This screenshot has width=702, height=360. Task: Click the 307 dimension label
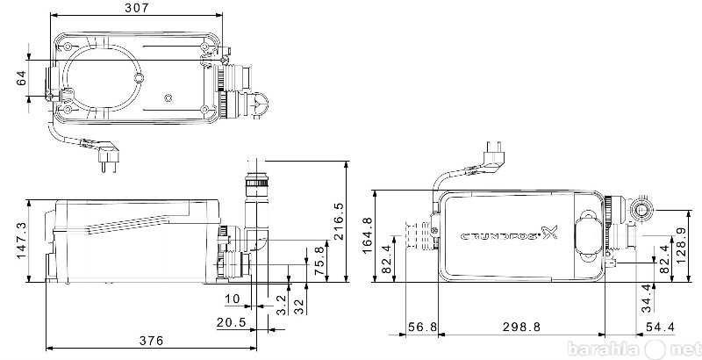pos(137,7)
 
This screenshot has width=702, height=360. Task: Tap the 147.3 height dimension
pos(22,241)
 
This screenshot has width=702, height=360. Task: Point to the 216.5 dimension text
pos(339,221)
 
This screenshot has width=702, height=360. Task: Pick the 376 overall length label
pos(151,341)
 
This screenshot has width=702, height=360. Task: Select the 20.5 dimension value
pos(232,322)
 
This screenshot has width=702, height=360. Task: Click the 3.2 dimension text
pos(281,305)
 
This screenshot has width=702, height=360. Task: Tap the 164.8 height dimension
pos(367,235)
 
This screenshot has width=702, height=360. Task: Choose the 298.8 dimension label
pos(521,327)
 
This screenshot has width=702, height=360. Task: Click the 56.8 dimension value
pos(422,327)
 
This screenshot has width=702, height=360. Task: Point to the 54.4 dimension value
pos(659,327)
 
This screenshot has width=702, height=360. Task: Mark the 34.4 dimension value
pos(646,299)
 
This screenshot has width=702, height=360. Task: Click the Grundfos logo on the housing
pos(510,234)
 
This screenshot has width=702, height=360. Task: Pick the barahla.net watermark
pos(633,349)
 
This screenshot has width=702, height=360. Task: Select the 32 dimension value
pos(299,306)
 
